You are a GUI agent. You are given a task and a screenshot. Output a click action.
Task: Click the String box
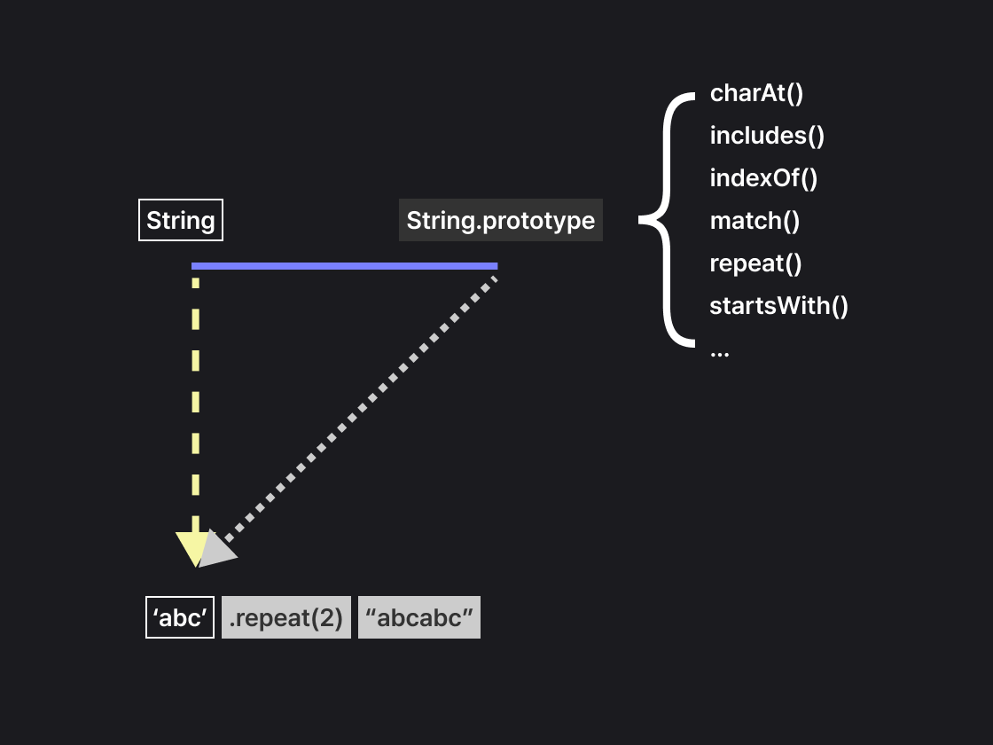[181, 221]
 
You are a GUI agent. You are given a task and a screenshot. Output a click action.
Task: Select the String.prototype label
[500, 221]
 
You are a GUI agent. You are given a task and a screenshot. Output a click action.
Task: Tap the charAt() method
[756, 93]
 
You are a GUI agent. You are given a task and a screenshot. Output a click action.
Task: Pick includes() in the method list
[767, 136]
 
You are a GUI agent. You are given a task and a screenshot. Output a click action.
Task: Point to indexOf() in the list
[763, 178]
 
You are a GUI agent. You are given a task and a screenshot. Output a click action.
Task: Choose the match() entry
[755, 221]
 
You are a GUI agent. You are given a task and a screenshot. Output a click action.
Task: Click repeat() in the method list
[755, 263]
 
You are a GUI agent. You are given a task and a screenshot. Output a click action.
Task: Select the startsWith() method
[778, 306]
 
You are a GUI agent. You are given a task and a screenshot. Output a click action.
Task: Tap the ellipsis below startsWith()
[719, 352]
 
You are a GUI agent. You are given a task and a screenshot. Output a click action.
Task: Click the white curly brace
[667, 219]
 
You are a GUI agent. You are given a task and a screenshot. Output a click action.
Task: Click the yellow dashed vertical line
[195, 399]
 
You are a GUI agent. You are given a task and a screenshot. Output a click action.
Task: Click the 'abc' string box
[180, 617]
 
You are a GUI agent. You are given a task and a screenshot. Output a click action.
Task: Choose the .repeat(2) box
[286, 617]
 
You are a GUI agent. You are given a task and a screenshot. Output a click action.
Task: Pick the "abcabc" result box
[419, 617]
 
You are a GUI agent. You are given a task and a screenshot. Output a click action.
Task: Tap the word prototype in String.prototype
[537, 221]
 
